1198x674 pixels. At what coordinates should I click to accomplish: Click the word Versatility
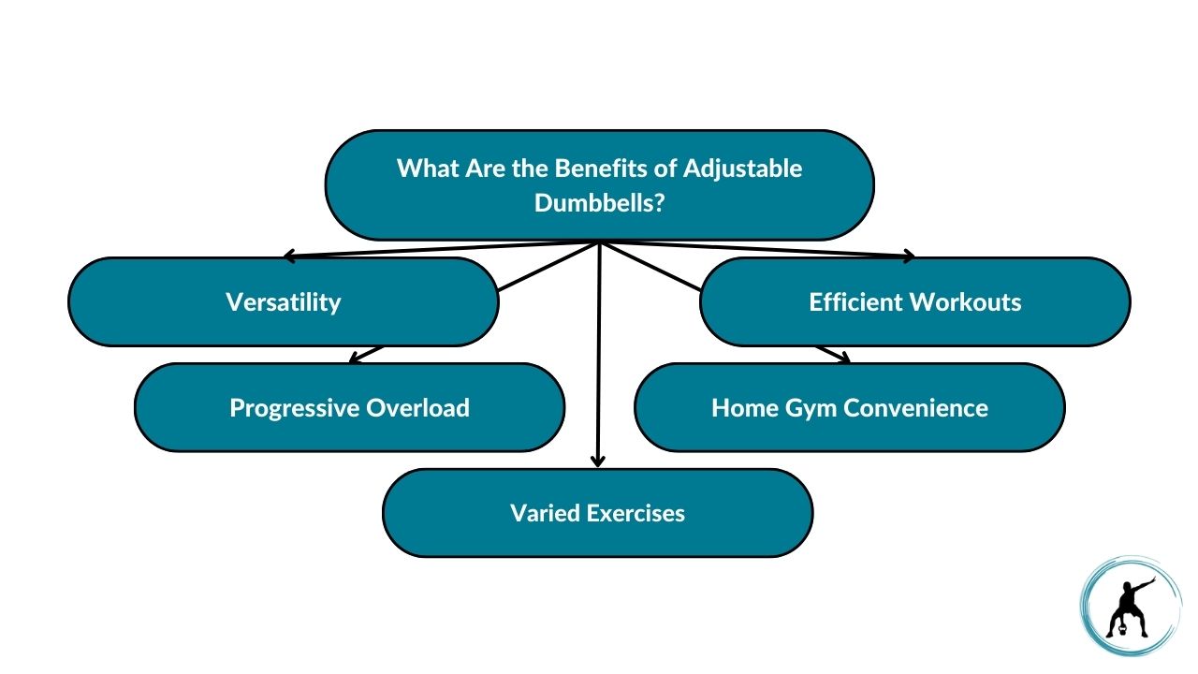click(283, 302)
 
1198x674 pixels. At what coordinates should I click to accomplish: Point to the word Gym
click(813, 409)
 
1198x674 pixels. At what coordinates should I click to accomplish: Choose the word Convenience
click(915, 407)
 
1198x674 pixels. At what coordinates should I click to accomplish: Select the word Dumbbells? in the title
click(600, 203)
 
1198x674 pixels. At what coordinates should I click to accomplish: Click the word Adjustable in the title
click(743, 169)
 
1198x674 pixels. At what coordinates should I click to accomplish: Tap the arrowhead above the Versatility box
click(289, 256)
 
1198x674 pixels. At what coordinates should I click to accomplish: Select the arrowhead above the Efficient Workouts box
click(909, 256)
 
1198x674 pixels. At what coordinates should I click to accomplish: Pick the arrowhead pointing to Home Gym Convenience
click(844, 358)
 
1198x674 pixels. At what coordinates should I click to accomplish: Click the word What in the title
click(428, 168)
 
